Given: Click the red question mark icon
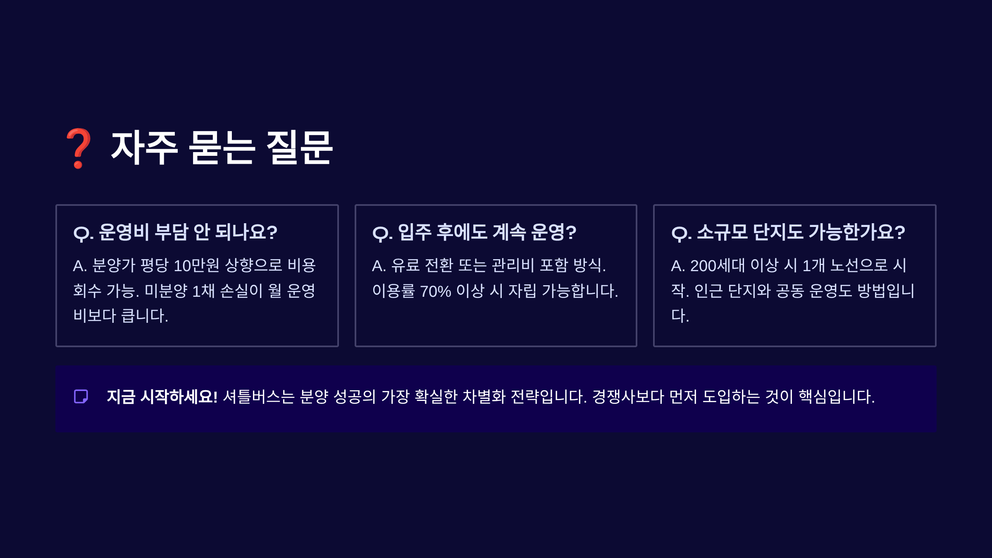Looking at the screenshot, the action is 78,148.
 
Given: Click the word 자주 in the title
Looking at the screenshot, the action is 144,148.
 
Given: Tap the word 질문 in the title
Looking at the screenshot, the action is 299,148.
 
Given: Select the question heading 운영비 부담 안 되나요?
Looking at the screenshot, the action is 175,232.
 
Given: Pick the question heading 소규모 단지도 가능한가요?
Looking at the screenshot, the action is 788,232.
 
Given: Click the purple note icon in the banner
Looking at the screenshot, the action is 81,396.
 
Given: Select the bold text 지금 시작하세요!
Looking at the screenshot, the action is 162,397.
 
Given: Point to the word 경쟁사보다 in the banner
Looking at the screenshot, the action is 628,397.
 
